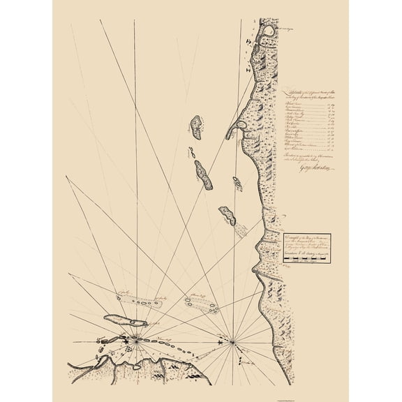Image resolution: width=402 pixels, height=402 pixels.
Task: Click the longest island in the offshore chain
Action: point(204,174)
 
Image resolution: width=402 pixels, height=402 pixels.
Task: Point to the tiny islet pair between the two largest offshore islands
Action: point(190,151)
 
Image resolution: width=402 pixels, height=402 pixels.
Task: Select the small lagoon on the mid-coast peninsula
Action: point(241,126)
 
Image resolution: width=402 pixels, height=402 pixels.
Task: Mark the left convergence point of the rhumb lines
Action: point(135,341)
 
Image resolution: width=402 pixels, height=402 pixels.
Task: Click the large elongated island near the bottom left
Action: point(124,320)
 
